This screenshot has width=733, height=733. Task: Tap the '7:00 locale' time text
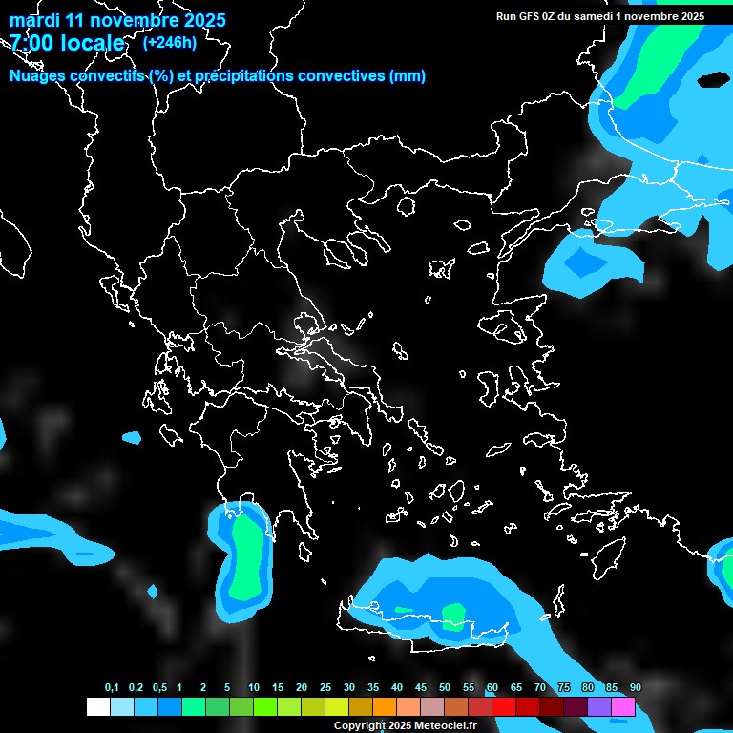click(67, 43)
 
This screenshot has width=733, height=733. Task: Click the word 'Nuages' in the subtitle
click(39, 76)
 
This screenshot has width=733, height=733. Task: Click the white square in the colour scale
click(97, 707)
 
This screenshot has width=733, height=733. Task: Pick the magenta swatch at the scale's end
click(623, 707)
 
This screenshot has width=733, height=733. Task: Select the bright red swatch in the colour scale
click(504, 707)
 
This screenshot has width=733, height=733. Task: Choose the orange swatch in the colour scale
click(385, 707)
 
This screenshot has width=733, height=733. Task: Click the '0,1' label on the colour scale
click(112, 688)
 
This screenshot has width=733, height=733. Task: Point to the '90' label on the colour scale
click(636, 688)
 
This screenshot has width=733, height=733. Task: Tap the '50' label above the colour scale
click(445, 688)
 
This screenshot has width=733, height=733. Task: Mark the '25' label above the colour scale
click(325, 688)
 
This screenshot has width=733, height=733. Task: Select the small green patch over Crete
click(454, 616)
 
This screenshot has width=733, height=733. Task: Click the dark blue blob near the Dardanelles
click(584, 261)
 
